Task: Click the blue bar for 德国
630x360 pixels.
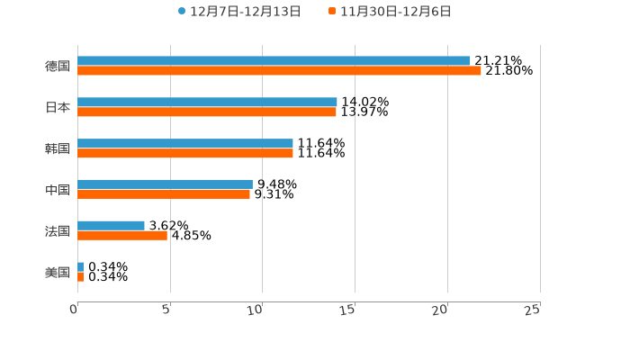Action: (274, 61)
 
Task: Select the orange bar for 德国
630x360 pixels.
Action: (279, 71)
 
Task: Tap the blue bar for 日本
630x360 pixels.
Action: (207, 103)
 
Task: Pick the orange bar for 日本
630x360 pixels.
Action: (207, 112)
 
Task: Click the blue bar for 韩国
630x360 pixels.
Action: (185, 144)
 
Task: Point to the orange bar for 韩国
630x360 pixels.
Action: (185, 154)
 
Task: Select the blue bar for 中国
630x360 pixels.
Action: (165, 184)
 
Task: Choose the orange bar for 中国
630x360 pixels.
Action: (164, 194)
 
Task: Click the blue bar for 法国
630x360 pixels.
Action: (111, 226)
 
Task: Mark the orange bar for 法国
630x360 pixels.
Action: (122, 236)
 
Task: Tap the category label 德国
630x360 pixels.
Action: (58, 66)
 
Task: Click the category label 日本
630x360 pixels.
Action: (58, 107)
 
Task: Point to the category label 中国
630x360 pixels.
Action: (58, 190)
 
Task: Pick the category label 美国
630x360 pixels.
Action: (58, 272)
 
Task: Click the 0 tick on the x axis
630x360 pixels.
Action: (75, 310)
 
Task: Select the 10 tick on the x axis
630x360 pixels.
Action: (256, 310)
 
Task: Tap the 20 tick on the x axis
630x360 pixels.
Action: (440, 310)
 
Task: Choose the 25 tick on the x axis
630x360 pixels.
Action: (533, 310)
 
